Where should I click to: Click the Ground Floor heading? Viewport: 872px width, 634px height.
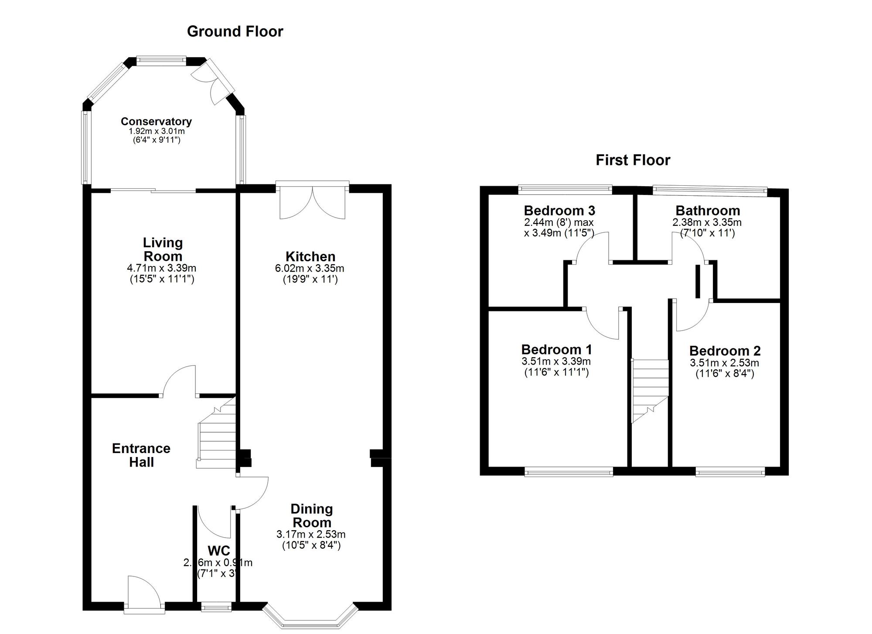(x=235, y=32)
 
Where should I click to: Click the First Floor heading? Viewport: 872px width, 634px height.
(x=633, y=160)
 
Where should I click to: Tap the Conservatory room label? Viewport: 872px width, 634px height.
(x=156, y=122)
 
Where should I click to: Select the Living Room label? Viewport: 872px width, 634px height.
(x=163, y=249)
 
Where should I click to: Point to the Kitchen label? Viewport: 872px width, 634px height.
(x=310, y=256)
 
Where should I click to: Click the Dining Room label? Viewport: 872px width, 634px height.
(x=312, y=515)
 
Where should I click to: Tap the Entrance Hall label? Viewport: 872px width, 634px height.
(x=141, y=455)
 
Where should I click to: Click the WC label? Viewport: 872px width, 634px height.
(x=219, y=551)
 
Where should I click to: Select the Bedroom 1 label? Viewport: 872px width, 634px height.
(x=556, y=350)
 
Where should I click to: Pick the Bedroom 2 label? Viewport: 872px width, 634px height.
(x=725, y=351)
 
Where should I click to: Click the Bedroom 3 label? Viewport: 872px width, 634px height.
(x=559, y=211)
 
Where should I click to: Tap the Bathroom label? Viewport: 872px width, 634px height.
(x=708, y=211)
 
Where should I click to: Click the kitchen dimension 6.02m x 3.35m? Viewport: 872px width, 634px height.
(x=310, y=269)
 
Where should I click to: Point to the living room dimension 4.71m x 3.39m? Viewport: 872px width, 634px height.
(x=162, y=268)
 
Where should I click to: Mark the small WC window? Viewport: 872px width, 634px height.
(x=216, y=607)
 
